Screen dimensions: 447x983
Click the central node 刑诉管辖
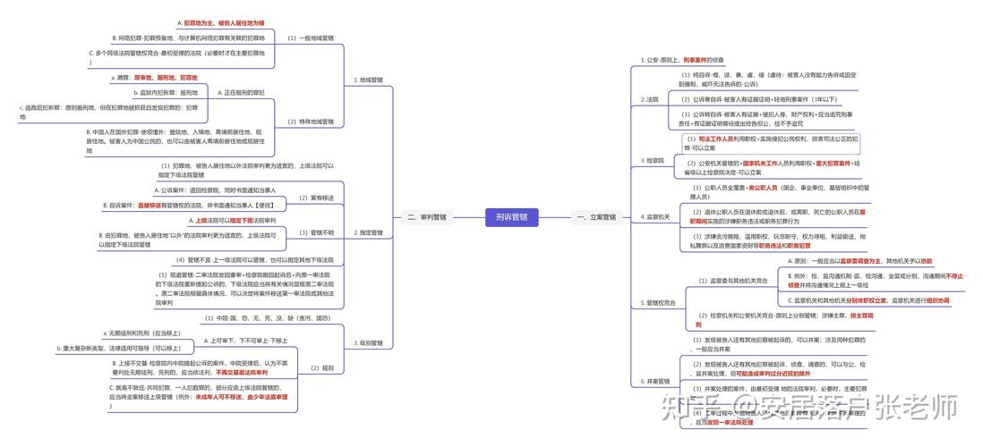[x=511, y=216]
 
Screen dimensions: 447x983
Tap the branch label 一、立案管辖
[x=596, y=216]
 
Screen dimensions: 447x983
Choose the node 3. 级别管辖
[x=368, y=342]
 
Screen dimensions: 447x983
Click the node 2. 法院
[x=651, y=99]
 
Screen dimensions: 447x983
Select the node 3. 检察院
[x=653, y=161]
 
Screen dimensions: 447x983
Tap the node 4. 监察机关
[x=655, y=216]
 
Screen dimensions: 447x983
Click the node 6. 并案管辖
[x=655, y=382]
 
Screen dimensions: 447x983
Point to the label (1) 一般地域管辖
[x=310, y=38]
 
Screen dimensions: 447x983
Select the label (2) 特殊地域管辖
[x=310, y=121]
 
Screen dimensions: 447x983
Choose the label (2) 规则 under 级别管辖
[x=321, y=367]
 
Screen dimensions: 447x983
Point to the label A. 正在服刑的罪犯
[x=242, y=92]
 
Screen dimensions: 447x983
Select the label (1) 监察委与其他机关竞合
[x=733, y=281]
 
